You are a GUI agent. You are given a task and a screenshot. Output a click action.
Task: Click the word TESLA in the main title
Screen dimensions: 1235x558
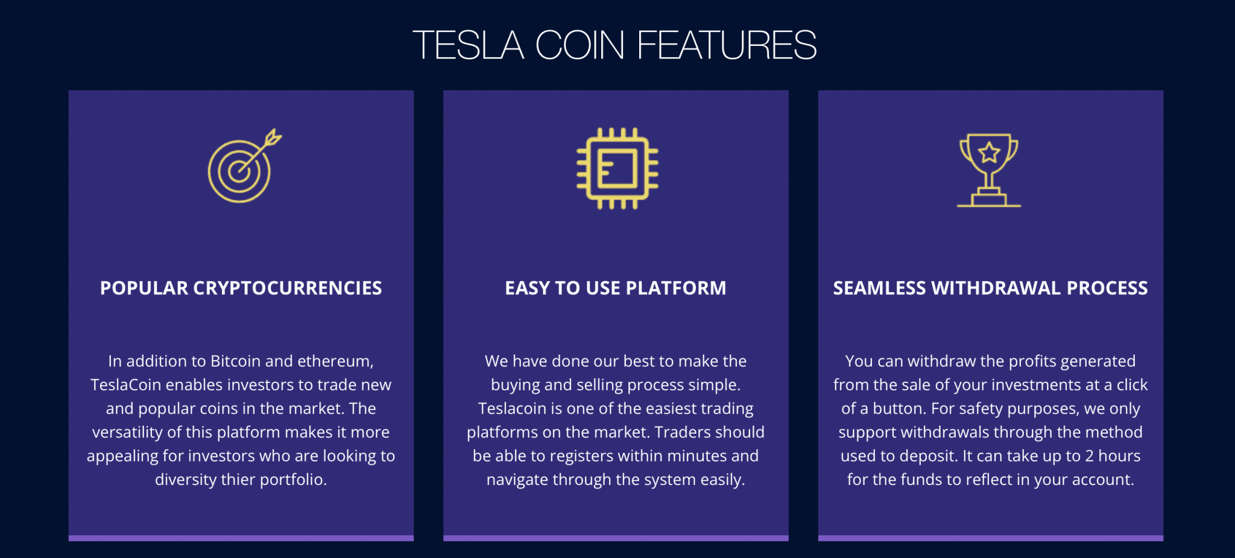click(x=469, y=45)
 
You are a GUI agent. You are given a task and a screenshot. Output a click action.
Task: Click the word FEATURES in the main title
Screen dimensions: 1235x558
click(x=727, y=45)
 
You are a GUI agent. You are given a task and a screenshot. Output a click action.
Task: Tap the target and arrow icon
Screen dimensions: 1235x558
click(x=244, y=165)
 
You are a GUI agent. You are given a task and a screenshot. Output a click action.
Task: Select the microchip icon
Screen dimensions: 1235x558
click(x=617, y=168)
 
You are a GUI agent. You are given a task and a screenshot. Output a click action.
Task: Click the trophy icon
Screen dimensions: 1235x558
click(x=989, y=170)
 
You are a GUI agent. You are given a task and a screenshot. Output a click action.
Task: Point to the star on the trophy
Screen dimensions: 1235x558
click(x=989, y=153)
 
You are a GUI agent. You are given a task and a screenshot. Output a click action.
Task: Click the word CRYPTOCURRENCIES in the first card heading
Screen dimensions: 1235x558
click(x=288, y=288)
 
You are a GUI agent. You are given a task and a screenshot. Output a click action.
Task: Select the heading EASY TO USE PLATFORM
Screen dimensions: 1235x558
click(x=616, y=288)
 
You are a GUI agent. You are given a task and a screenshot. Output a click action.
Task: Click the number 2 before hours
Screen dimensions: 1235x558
click(x=1089, y=456)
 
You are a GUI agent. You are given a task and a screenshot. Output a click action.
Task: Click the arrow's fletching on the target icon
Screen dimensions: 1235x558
click(x=273, y=137)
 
